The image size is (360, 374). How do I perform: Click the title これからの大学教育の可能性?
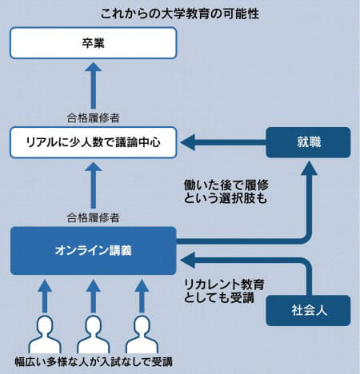click(180, 14)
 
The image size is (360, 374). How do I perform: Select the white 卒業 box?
click(94, 43)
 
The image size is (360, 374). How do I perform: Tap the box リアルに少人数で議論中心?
click(94, 142)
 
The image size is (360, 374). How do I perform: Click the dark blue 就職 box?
click(308, 142)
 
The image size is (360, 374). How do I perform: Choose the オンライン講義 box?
click(94, 251)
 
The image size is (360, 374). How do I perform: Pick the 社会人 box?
click(308, 310)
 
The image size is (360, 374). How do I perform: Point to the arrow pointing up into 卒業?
click(94, 86)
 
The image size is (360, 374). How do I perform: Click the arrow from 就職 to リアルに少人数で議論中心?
click(223, 142)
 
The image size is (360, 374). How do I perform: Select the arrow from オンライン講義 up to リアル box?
click(94, 185)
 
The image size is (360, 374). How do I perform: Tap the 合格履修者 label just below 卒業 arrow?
click(93, 117)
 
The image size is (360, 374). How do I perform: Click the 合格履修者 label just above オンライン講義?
click(93, 217)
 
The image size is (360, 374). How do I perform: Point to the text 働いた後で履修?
click(226, 185)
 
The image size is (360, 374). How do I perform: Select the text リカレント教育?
click(224, 284)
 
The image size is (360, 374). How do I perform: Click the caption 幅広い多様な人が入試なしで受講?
click(94, 362)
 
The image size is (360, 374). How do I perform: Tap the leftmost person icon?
click(45, 334)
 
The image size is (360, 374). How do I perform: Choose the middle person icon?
click(94, 334)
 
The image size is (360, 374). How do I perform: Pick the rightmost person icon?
click(142, 334)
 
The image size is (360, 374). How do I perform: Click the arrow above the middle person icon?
click(94, 296)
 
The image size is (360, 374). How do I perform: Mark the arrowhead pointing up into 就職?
click(309, 168)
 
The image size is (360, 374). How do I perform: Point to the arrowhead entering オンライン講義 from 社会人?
click(188, 261)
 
